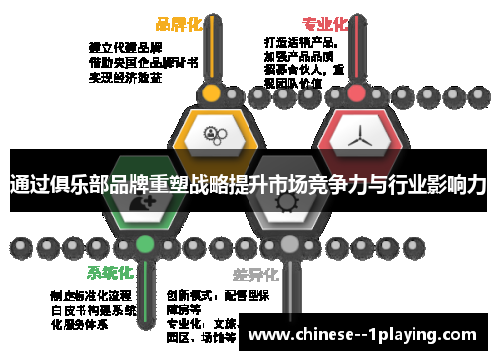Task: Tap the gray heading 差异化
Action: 256,273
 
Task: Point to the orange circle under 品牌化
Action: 211,94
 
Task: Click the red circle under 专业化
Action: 356,94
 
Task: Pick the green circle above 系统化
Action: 146,243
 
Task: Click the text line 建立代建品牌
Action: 123,46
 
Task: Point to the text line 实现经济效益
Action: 123,76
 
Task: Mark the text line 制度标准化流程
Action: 90,295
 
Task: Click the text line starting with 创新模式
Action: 205,295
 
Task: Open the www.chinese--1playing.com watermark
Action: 368,334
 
